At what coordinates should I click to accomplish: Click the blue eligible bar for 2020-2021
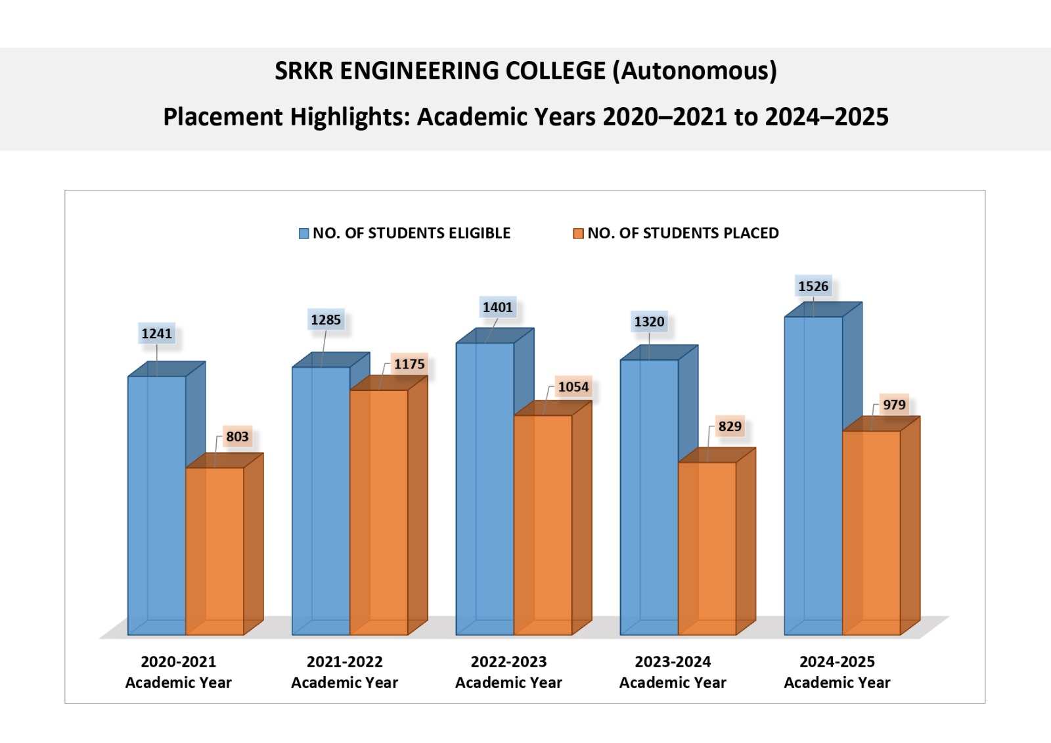coord(157,506)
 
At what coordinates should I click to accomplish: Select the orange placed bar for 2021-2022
coord(379,512)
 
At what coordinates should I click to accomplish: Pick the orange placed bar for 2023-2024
coord(707,549)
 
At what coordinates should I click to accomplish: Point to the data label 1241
coord(157,334)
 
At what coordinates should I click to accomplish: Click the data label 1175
coord(409,364)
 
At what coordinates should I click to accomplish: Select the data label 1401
coord(497,307)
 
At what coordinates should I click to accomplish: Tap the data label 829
coord(730,426)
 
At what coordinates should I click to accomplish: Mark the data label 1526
coord(813,286)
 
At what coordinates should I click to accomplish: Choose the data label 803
coord(237,437)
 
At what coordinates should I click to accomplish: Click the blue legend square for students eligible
coord(304,234)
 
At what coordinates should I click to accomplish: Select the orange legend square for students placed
coord(579,234)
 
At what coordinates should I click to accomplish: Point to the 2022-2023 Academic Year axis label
coord(508,672)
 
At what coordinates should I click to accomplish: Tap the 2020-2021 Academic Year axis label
coord(179,672)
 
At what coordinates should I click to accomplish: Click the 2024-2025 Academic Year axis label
coord(837,672)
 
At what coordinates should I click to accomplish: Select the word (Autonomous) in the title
coord(695,71)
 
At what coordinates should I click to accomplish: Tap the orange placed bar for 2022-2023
coord(543,526)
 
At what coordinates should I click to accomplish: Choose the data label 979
coord(894,405)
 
